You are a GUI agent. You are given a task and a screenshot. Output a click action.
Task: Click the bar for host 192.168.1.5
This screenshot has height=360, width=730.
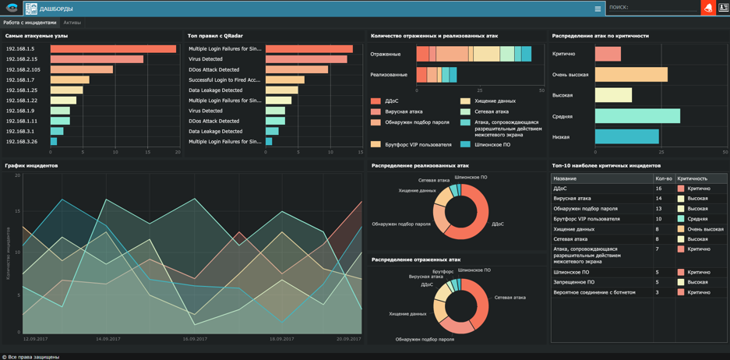pos(113,49)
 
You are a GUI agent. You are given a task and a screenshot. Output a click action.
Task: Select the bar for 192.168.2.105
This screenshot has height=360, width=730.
pos(82,69)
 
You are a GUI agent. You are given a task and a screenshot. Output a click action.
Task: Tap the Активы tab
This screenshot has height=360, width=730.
pos(72,23)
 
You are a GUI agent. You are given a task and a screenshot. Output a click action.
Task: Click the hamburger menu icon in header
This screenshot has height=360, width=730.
pos(598,9)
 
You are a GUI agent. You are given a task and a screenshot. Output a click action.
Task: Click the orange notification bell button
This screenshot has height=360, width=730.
pos(708,8)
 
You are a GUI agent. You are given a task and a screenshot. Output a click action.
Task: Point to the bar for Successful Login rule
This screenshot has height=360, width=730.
pos(284,79)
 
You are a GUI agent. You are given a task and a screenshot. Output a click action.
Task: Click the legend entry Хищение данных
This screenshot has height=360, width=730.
pos(495,101)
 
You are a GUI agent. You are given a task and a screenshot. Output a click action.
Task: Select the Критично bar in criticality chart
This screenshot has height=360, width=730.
pos(608,54)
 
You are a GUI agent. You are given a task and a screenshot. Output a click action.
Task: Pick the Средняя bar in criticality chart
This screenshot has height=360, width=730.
pos(637,116)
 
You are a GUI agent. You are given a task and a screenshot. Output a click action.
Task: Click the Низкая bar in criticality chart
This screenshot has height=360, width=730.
pos(627,137)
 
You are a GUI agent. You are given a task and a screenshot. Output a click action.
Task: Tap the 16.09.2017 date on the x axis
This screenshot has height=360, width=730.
pos(195,339)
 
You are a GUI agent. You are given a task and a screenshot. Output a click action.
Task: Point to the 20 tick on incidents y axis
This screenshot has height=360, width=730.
pos(17,175)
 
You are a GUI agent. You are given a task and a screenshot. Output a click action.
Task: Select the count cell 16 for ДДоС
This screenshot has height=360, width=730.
pos(659,189)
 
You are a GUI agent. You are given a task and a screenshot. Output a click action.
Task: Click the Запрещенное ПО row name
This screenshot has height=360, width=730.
pos(574,282)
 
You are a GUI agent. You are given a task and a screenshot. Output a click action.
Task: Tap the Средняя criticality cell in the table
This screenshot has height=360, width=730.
pos(698,219)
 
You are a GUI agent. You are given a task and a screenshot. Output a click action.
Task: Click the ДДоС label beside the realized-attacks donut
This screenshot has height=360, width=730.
pos(498,224)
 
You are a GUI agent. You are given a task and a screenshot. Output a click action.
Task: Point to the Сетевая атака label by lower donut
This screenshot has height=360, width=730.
pos(510,298)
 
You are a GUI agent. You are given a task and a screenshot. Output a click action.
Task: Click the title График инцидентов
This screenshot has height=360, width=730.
pos(31,166)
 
